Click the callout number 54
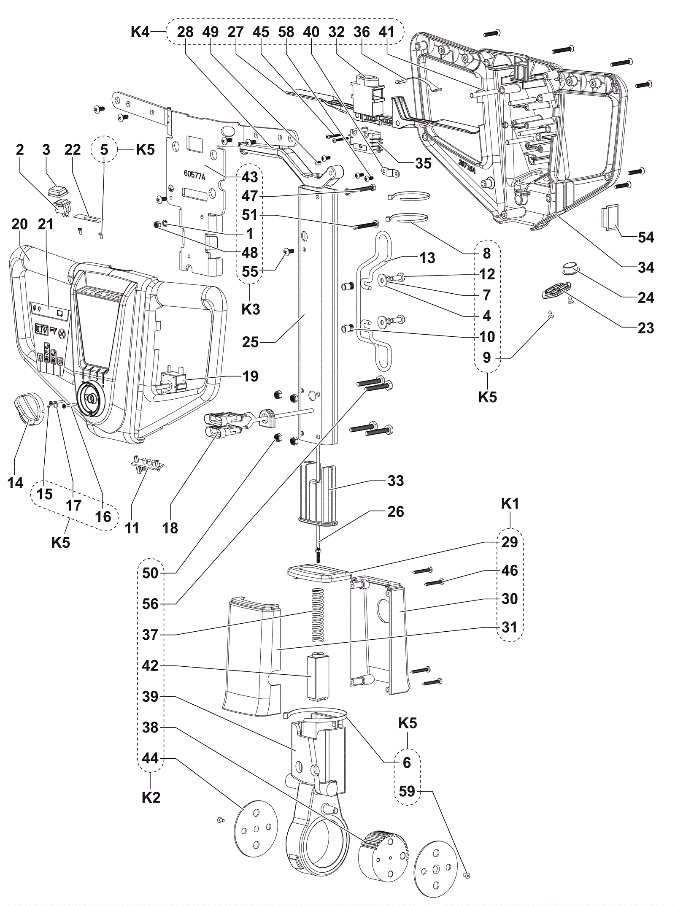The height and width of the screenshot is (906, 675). tap(645, 237)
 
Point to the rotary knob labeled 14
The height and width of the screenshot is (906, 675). tap(26, 407)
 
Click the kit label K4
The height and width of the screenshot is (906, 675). tap(140, 32)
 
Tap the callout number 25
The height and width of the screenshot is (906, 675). tap(250, 342)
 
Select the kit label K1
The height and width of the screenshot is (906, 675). tap(510, 503)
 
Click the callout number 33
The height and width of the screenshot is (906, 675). tap(395, 480)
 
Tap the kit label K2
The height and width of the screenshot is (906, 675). tap(151, 798)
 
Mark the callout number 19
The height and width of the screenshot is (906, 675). tap(250, 376)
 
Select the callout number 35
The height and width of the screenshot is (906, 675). tap(423, 163)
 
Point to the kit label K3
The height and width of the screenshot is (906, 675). tap(251, 309)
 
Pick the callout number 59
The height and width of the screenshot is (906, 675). tap(407, 791)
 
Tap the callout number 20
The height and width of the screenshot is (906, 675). tap(20, 224)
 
